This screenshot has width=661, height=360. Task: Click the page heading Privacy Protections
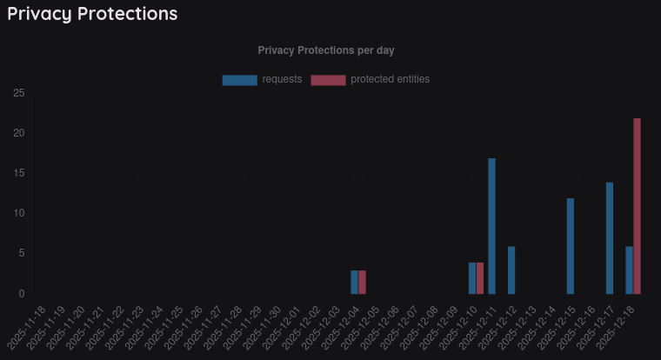coord(92,14)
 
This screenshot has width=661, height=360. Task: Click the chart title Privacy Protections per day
coord(326,50)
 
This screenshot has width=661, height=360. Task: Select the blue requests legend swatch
coord(239,80)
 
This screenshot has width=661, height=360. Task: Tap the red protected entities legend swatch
coord(328,80)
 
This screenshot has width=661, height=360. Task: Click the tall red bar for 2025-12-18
coord(638,206)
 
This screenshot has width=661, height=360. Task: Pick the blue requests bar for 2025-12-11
coord(492,226)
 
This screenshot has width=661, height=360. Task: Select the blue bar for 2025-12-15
coord(571,246)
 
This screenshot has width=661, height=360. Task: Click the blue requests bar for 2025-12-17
coord(610,238)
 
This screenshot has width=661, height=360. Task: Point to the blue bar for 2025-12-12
coord(511,270)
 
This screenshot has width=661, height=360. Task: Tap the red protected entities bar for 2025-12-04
coord(363,283)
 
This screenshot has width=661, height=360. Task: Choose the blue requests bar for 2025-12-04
coord(355,283)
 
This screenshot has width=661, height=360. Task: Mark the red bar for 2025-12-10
coord(480,278)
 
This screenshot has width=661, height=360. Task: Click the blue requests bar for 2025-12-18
coord(630,270)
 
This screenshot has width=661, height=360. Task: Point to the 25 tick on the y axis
coord(18,93)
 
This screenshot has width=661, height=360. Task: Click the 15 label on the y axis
coord(18,173)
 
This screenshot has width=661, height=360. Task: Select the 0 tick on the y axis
coord(21,294)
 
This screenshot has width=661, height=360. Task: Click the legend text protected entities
coord(390,79)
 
